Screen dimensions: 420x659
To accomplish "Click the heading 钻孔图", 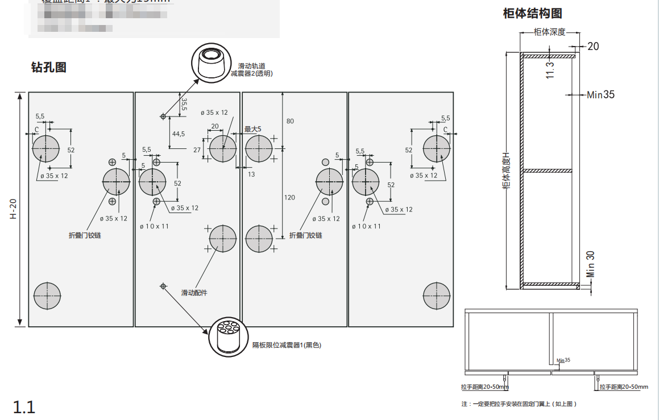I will pos(48,68).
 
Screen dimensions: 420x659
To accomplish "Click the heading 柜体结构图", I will pos(532,14).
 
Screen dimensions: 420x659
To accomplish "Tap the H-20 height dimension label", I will pos(13,209).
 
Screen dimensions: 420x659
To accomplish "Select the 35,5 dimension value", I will pos(184,105).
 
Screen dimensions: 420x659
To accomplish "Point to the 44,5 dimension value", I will pos(179,134).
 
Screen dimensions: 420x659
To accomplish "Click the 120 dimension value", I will pos(289,197).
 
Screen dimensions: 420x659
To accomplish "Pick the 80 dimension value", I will pos(290,121).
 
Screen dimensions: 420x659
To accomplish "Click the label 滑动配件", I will pos(194,293).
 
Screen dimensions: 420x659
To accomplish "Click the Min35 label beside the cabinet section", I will pos(600,95).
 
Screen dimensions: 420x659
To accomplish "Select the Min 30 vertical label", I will pos(591,263).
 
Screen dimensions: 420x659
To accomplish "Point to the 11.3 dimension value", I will pos(550,70).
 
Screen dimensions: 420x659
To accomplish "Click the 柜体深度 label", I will pos(549,32).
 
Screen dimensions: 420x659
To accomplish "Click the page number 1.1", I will pos(24,407).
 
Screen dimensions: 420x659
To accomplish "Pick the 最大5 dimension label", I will pos(252,129).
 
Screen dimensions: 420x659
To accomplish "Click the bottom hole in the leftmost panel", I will pos(47,296).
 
